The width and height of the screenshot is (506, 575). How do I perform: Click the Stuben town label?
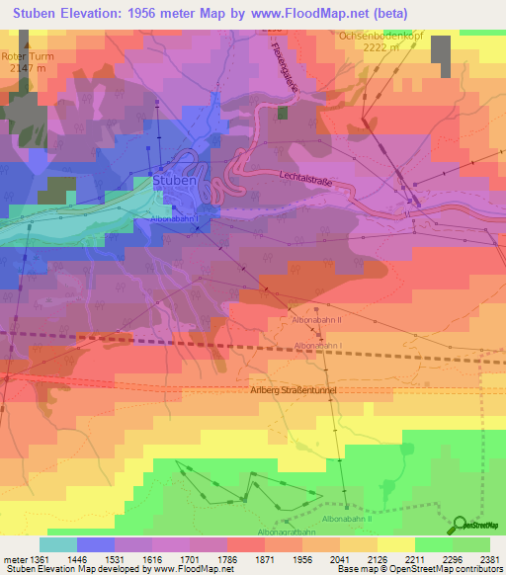174,182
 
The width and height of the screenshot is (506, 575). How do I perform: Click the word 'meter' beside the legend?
15,558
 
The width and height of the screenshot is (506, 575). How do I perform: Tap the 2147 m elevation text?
24,69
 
